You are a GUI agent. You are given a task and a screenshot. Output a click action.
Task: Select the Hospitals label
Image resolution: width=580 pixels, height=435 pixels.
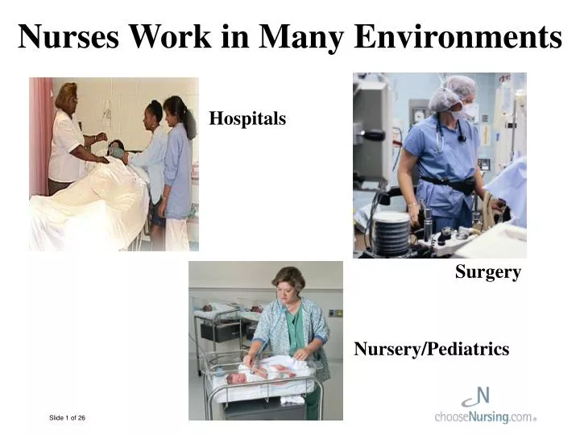point(247,119)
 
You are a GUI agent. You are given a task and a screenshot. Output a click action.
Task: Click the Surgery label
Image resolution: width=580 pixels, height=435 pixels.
point(487,272)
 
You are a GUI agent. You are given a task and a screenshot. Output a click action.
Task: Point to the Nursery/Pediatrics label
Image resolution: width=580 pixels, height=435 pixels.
point(432,349)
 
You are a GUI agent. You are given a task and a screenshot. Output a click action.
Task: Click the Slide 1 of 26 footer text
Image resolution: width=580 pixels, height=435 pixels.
point(67,417)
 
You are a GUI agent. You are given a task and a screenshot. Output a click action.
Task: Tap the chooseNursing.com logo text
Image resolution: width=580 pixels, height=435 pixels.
point(483,417)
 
